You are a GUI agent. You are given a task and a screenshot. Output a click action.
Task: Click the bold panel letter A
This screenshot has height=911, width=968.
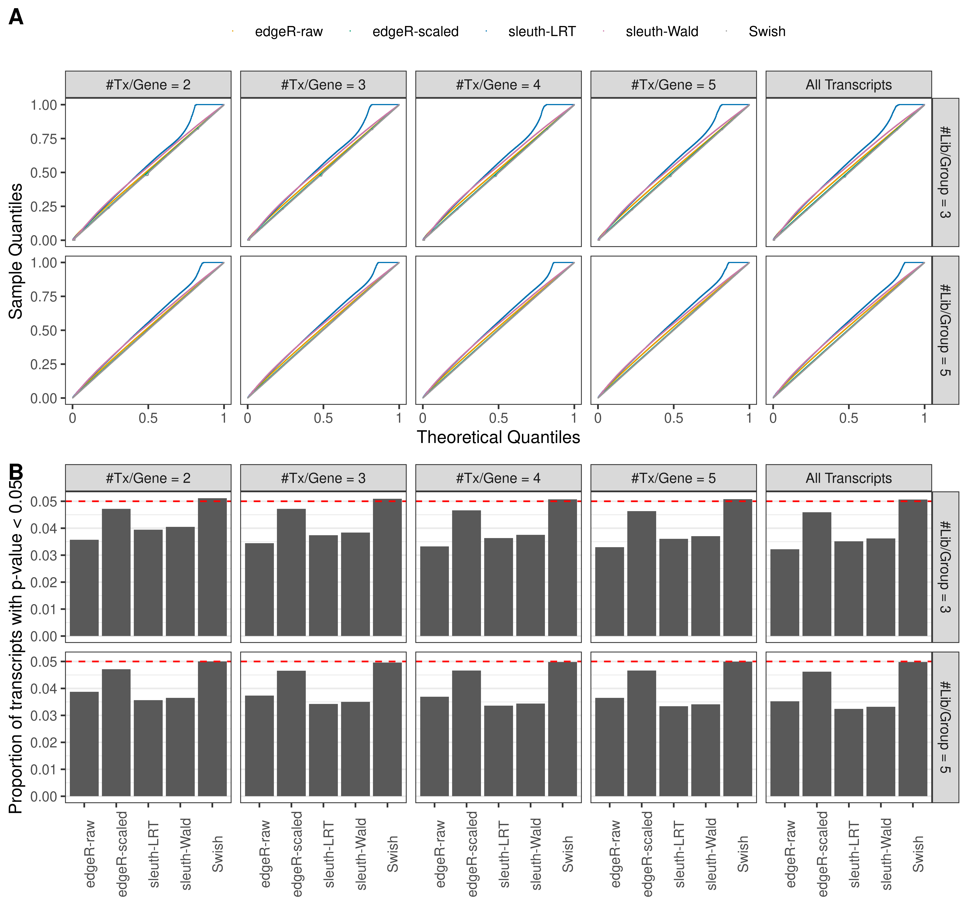(16, 17)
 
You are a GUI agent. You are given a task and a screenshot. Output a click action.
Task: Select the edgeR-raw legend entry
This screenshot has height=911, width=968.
(288, 32)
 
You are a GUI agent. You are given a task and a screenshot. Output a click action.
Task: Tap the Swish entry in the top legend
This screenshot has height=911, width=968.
(766, 32)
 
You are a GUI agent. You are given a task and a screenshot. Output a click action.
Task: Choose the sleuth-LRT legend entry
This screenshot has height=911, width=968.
(542, 32)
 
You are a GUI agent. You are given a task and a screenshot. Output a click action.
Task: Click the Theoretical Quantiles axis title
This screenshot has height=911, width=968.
(498, 437)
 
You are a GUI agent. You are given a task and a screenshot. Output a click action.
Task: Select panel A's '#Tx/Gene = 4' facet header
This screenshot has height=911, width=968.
(498, 85)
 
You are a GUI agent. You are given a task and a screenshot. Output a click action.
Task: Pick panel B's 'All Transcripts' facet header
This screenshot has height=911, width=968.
(848, 478)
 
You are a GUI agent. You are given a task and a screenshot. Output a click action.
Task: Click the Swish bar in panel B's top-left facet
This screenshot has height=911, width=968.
(212, 567)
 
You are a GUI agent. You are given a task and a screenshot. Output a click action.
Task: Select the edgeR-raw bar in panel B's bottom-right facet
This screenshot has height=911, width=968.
(784, 748)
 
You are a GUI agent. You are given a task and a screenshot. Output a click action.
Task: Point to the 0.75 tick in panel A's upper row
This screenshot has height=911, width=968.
(44, 139)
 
